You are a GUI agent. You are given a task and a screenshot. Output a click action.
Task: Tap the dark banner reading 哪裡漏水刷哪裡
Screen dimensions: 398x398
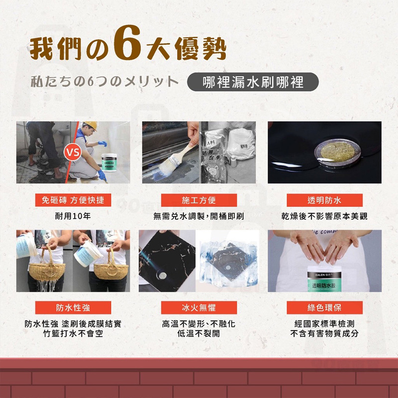click(x=254, y=81)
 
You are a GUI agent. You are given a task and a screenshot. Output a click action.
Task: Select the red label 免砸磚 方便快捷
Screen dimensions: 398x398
click(x=73, y=200)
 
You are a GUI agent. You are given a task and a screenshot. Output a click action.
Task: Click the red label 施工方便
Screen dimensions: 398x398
click(x=199, y=200)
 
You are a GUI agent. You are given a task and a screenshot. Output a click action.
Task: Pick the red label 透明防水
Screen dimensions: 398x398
click(x=324, y=200)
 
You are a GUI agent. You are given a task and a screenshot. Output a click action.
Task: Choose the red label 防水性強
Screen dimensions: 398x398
click(x=73, y=307)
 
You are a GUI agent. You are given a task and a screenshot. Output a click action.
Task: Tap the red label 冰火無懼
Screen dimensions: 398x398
click(x=199, y=307)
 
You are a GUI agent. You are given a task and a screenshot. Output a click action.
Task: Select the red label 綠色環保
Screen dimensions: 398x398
click(x=324, y=307)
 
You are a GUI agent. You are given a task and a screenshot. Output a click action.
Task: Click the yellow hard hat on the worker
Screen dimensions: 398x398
click(x=91, y=126)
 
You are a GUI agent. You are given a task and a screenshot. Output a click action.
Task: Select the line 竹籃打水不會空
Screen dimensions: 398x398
click(x=73, y=333)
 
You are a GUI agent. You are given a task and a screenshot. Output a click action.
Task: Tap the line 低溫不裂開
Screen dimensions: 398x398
click(x=199, y=333)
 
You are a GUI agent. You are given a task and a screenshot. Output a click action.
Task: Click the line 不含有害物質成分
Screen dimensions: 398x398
click(x=324, y=333)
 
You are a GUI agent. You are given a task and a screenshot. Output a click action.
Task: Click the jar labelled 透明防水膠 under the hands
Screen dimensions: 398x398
click(x=324, y=281)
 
